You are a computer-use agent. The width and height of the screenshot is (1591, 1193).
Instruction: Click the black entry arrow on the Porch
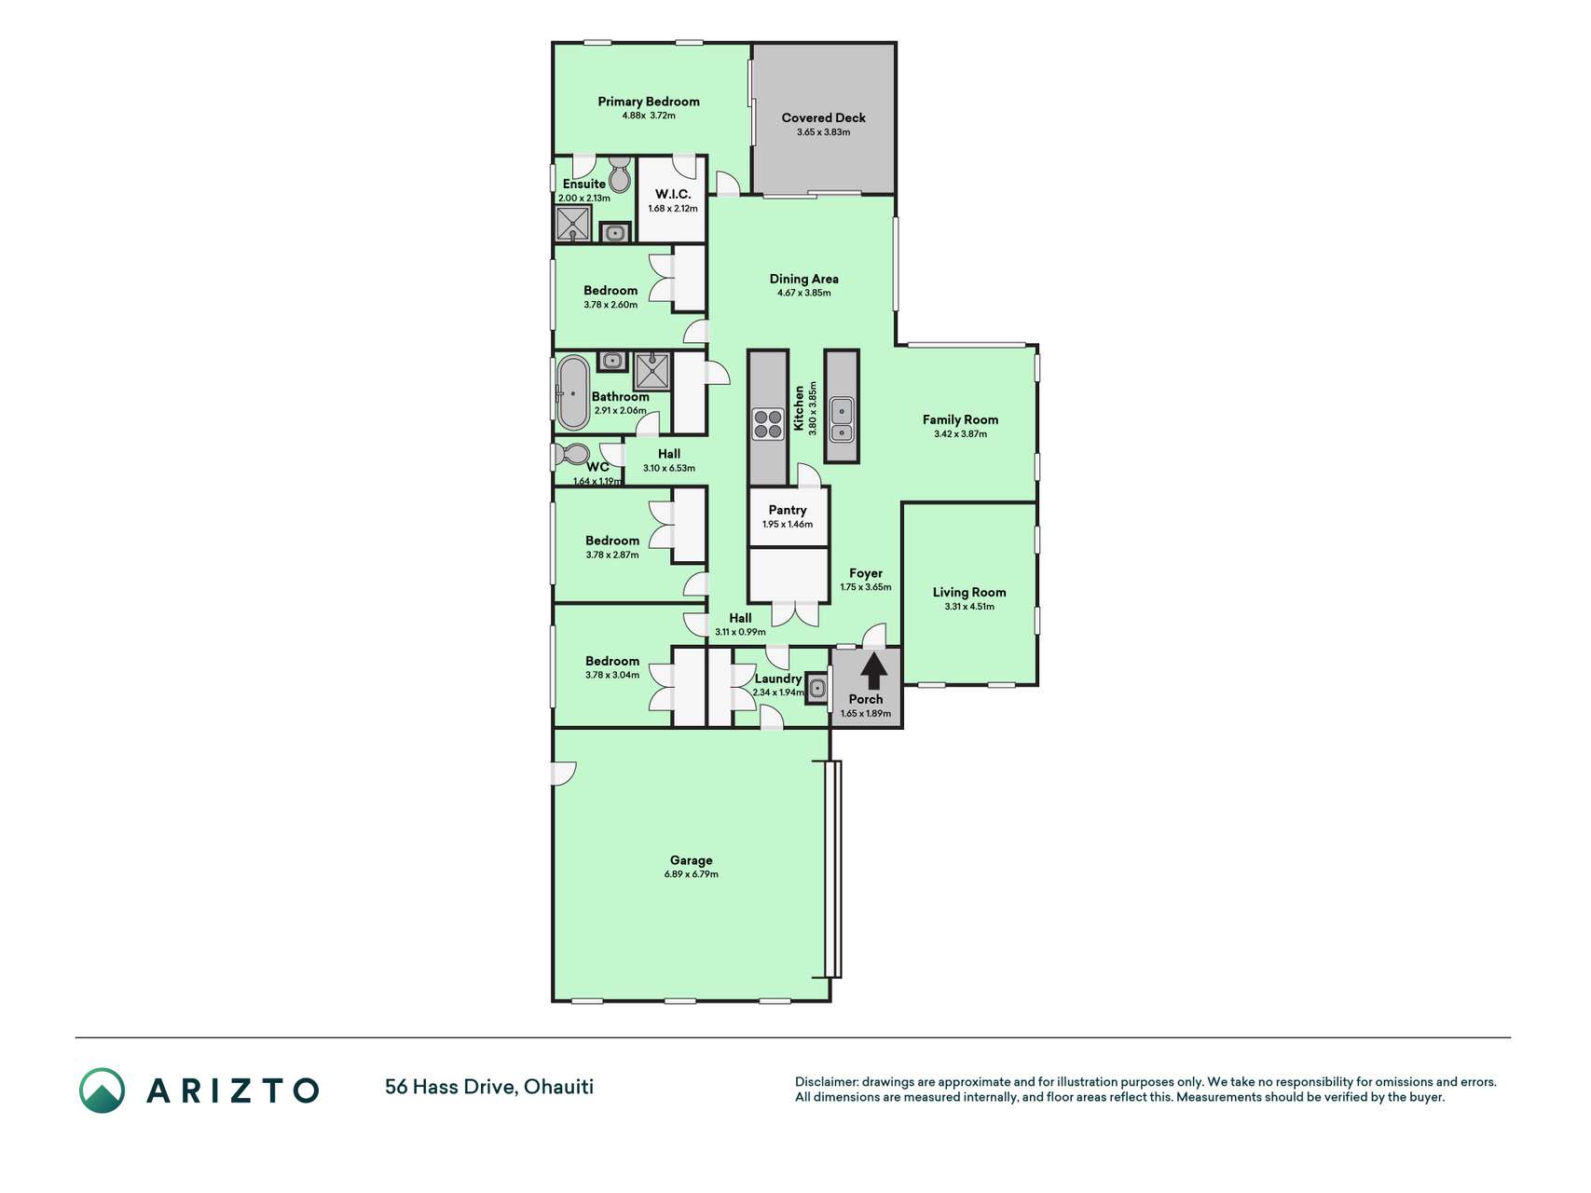point(873,671)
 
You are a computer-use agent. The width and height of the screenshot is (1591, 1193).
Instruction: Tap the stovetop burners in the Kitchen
point(768,425)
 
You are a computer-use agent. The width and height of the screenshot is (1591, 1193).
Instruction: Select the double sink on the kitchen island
point(842,419)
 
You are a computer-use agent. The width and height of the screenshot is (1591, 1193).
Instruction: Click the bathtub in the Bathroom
point(572,392)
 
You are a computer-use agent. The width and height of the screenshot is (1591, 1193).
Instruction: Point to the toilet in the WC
point(571,455)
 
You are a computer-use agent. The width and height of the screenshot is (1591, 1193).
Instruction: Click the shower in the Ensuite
point(573,224)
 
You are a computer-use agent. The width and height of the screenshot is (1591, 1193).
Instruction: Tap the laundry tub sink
point(816,689)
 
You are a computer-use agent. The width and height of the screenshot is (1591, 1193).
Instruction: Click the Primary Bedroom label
point(649,102)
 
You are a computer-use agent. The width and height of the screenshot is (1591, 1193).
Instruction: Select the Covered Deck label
point(824,117)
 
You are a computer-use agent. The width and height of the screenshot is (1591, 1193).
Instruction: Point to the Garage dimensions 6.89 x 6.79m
point(692,874)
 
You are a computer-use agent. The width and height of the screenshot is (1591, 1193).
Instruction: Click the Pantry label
point(788,510)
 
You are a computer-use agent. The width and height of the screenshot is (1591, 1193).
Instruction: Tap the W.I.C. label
point(673,194)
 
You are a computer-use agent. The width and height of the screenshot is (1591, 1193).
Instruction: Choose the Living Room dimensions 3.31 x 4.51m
point(969,607)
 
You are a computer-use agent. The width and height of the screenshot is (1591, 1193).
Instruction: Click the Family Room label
point(961,419)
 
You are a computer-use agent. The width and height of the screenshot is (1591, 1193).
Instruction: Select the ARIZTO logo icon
point(102,1090)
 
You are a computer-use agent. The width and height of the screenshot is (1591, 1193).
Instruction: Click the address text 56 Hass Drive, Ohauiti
point(489,1087)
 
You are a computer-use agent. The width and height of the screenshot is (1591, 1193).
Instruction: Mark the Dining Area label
point(804,279)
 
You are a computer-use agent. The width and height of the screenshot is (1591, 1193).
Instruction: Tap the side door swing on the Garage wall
point(565,774)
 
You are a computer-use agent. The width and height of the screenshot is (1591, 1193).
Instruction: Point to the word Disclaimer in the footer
point(826,1082)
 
